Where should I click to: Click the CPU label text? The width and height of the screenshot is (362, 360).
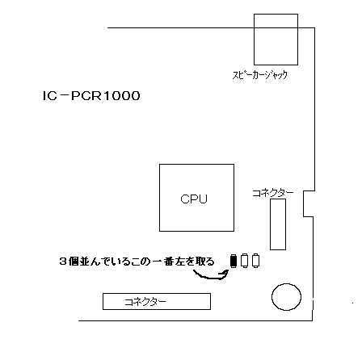click(194, 199)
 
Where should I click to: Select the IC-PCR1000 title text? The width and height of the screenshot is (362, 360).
click(91, 96)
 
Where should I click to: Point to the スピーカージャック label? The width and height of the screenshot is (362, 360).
click(260, 75)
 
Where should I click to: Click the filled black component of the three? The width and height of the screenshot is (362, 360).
click(234, 261)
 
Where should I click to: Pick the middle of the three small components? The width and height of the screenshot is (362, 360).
click(244, 261)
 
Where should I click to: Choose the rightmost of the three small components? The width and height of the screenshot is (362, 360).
click(255, 261)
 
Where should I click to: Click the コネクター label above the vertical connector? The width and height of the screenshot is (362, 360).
click(273, 193)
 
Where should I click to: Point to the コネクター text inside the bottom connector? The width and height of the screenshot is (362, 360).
click(145, 302)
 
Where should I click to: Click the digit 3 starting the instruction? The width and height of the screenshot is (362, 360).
click(63, 262)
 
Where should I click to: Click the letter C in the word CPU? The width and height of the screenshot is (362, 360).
click(185, 199)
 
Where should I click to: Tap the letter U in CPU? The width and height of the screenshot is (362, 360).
click(204, 199)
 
